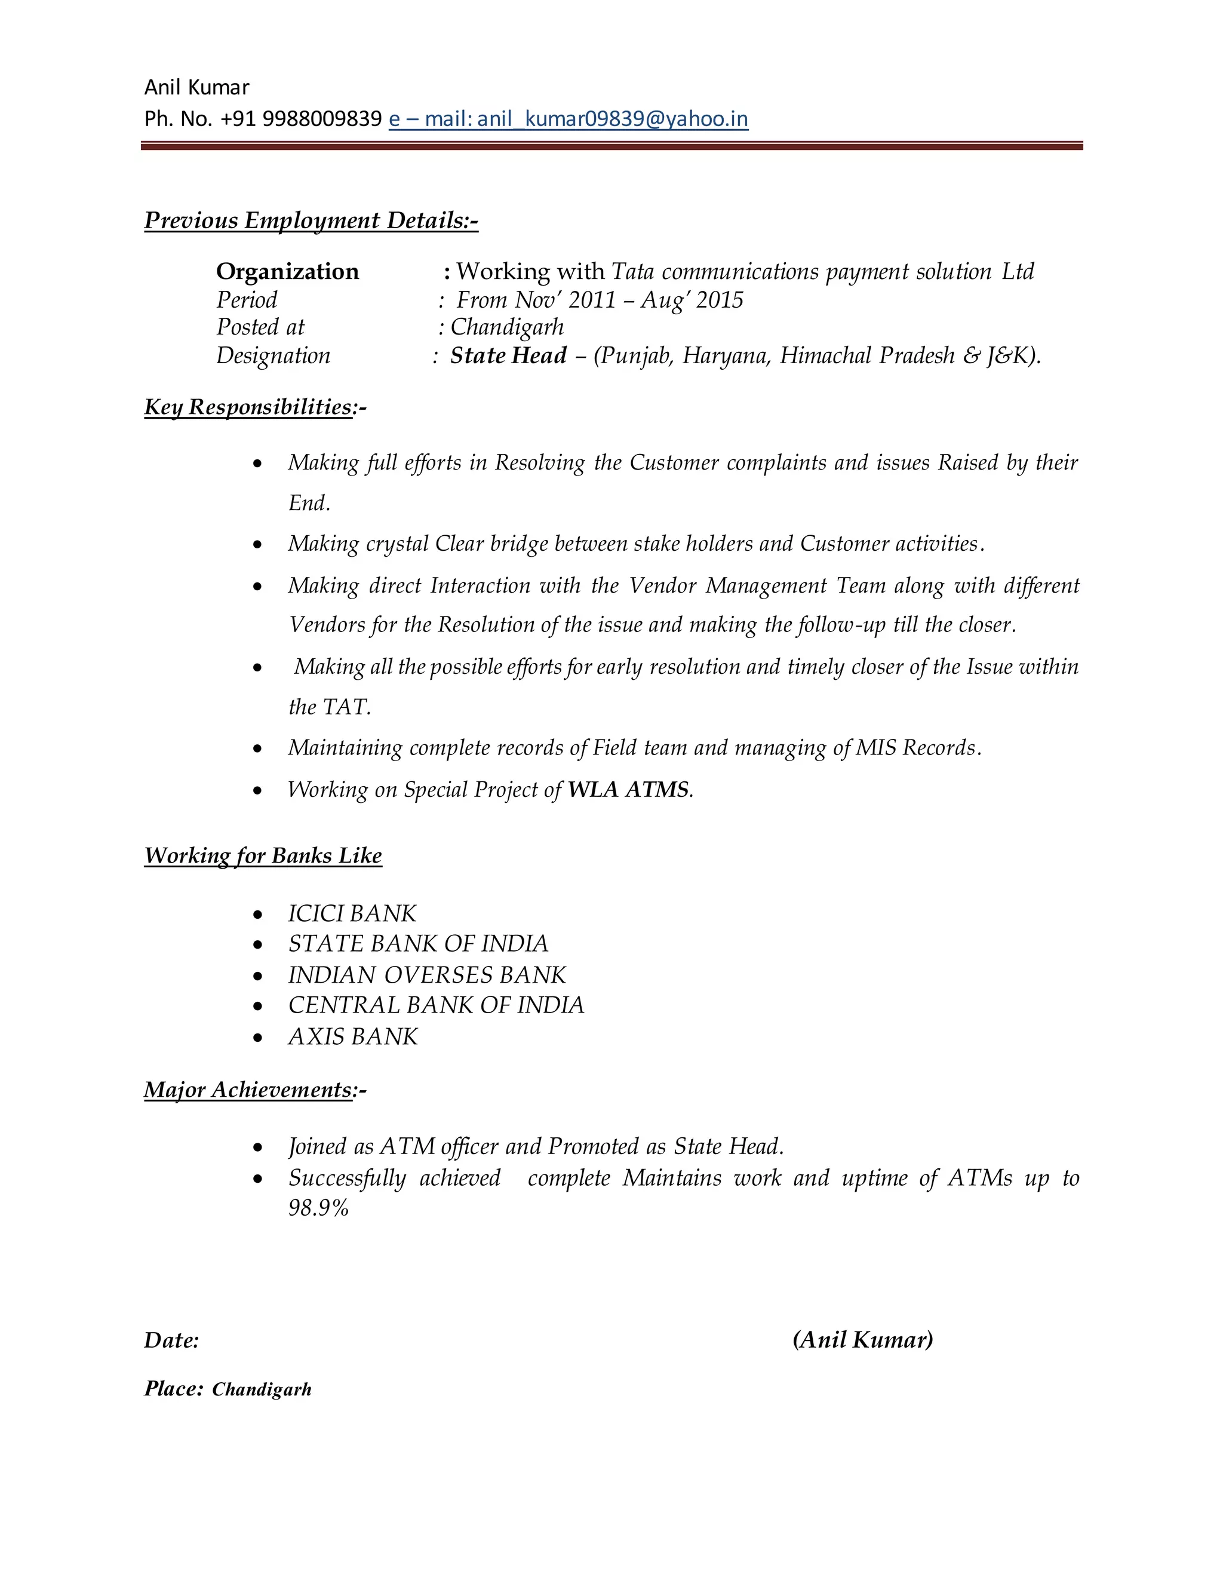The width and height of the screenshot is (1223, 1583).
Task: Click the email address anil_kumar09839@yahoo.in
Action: [x=613, y=118]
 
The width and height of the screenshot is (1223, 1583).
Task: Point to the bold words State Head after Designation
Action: [x=508, y=355]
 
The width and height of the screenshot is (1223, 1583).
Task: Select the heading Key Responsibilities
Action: [x=248, y=407]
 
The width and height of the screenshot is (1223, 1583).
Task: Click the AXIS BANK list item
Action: [x=353, y=1036]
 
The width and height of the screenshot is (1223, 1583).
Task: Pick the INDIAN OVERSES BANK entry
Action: [x=427, y=975]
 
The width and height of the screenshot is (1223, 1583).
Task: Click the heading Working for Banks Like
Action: [x=263, y=855]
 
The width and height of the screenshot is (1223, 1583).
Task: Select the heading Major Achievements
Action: [x=248, y=1090]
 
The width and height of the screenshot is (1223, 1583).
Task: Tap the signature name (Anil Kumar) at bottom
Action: [x=862, y=1339]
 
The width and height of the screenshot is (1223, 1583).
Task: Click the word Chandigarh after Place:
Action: [x=262, y=1389]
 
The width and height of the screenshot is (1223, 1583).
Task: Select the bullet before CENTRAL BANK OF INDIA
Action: [x=258, y=1007]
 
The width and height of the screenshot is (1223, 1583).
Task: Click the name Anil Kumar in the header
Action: [x=196, y=87]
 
